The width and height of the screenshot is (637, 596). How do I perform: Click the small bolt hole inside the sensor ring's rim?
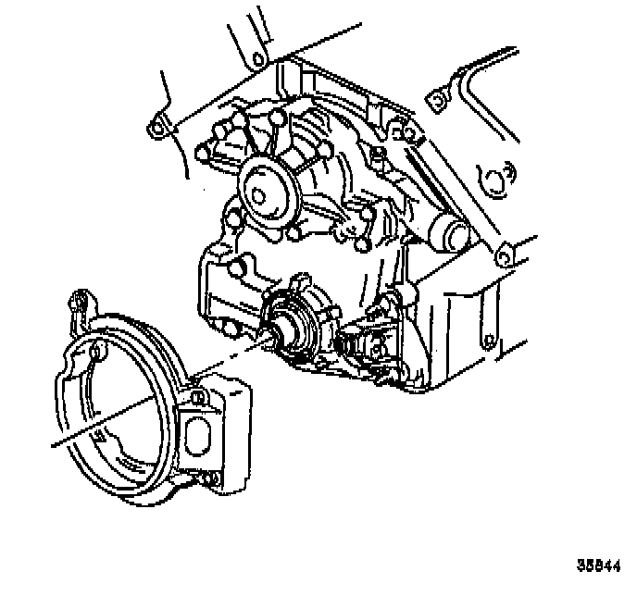click(x=97, y=350)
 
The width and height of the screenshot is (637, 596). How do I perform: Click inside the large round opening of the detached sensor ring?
click(x=120, y=407)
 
